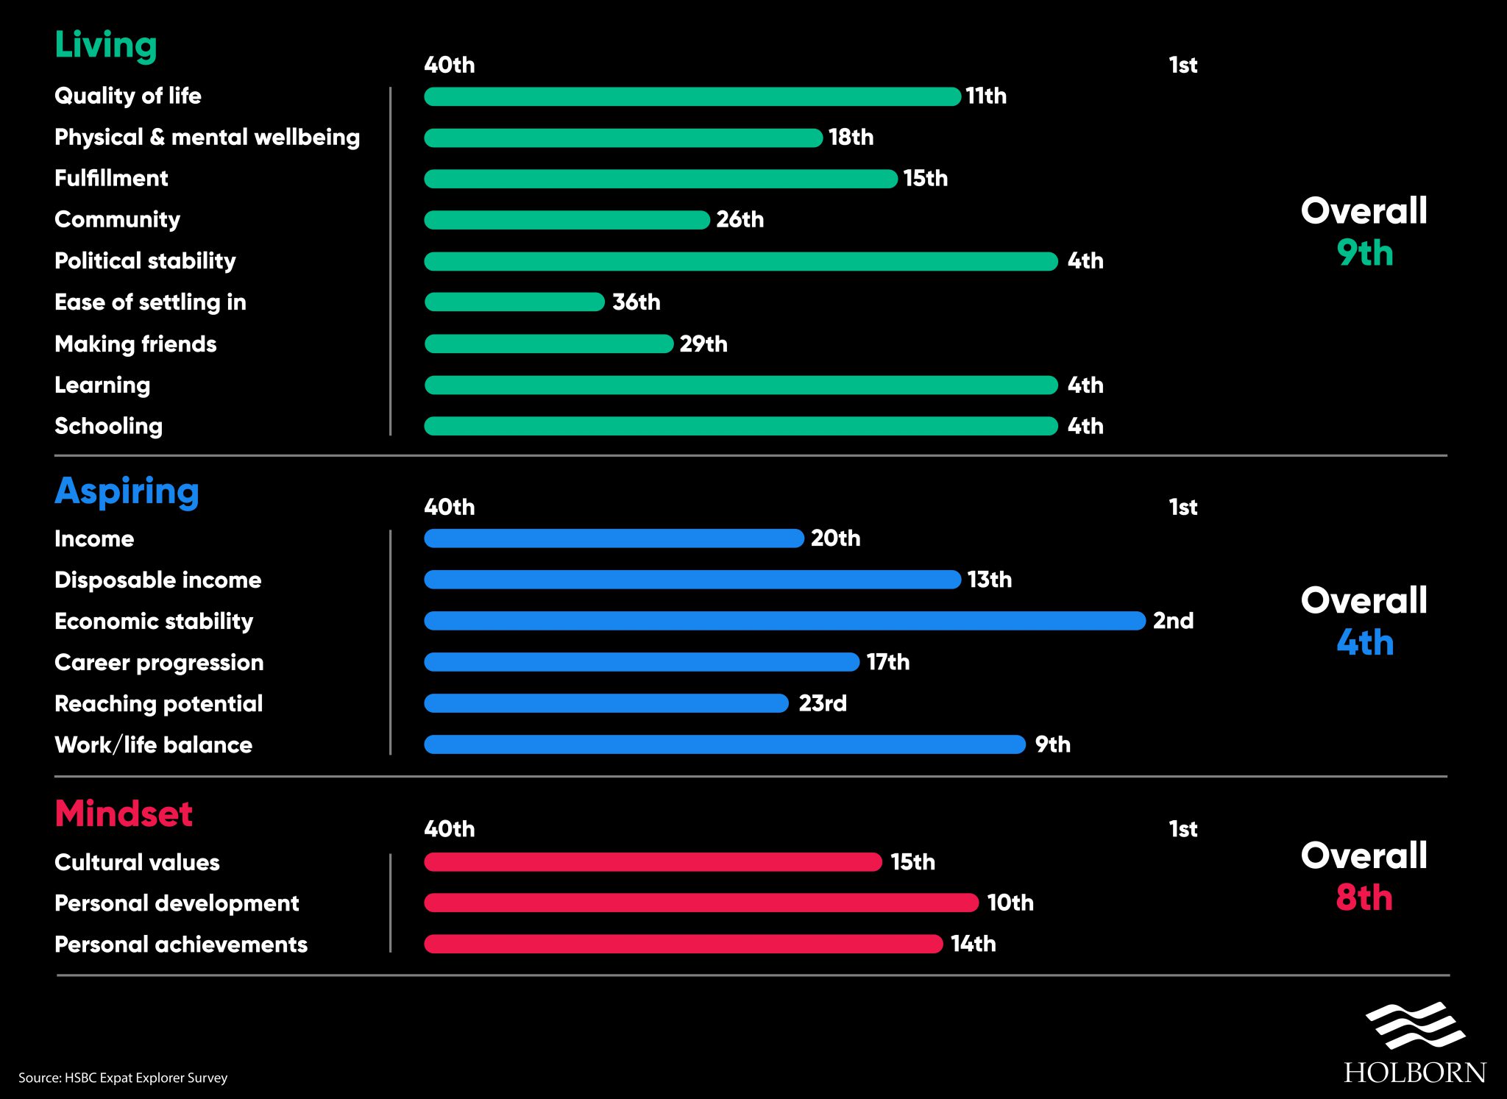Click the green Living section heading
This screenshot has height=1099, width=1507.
tap(106, 46)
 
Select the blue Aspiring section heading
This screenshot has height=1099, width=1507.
tap(127, 491)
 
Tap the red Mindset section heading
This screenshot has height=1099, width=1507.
tap(124, 814)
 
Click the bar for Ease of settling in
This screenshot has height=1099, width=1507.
tap(514, 302)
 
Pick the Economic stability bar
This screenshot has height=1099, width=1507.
tap(784, 621)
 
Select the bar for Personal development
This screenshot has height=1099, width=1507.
tap(701, 903)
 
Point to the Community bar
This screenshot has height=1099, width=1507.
tap(567, 219)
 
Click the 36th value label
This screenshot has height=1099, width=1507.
tap(637, 302)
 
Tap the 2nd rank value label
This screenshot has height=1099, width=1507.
tap(1173, 621)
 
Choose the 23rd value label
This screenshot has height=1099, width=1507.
tap(823, 703)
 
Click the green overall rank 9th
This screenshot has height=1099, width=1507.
tap(1365, 253)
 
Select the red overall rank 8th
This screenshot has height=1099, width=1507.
tap(1364, 897)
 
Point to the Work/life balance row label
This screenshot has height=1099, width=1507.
tap(153, 744)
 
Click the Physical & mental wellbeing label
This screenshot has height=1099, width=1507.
tap(207, 138)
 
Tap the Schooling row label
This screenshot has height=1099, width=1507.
tap(108, 426)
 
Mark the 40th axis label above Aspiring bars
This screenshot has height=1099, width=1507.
tap(449, 507)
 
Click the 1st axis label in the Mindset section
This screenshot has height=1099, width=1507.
tap(1183, 829)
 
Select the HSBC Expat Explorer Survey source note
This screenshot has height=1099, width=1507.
tap(123, 1078)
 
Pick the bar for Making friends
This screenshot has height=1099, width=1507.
tap(549, 344)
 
